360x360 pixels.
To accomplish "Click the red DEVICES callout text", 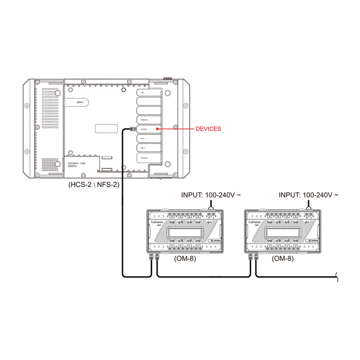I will coord(208,129).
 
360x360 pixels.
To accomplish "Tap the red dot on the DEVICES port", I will coord(157,129).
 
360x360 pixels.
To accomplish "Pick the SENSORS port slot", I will coord(148,120).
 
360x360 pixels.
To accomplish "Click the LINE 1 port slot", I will coord(148,138).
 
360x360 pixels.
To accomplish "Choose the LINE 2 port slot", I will coord(148,148).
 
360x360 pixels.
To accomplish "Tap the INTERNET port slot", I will coord(148,158).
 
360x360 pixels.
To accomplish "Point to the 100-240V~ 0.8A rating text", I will coord(77,163).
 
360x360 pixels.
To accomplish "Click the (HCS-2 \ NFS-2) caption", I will coord(94,184).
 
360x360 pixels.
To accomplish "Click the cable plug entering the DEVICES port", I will coord(131,129).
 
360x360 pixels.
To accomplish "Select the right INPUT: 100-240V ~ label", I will coord(309,195).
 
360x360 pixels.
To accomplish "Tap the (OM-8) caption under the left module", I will coord(185,259).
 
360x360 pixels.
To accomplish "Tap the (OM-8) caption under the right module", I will coord(283,259).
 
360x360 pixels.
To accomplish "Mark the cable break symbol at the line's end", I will coord(337,277).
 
